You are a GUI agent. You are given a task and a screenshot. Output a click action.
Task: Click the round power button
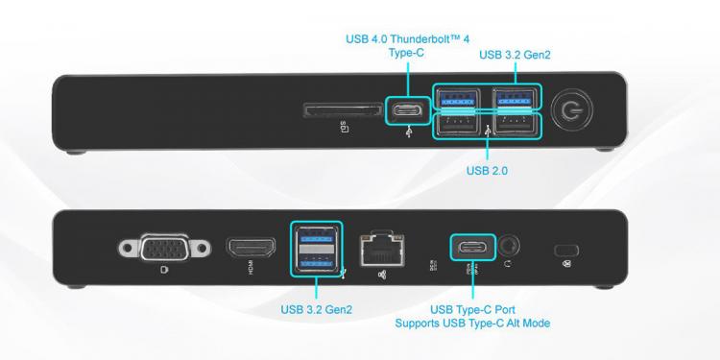tap(572, 110)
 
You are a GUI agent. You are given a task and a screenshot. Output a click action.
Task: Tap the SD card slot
tap(343, 110)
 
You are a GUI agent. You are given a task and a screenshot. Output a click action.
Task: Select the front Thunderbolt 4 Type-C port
tap(408, 110)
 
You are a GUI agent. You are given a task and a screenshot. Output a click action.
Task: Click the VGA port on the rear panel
tap(165, 248)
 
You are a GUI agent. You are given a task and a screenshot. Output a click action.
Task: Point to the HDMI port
tap(251, 249)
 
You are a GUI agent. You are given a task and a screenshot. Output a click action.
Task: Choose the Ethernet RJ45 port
tap(381, 251)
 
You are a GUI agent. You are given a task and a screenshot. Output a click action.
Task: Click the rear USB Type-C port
tap(473, 248)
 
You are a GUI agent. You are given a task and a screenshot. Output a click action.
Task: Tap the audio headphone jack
tap(509, 246)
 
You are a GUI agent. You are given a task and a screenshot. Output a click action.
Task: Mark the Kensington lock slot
tap(566, 251)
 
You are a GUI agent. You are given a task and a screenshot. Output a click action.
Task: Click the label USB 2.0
tap(487, 171)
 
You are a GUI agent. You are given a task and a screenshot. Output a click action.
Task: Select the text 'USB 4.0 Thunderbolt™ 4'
tap(408, 39)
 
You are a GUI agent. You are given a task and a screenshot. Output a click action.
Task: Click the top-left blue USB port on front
tap(457, 99)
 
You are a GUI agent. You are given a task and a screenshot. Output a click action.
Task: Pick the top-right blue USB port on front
tap(516, 99)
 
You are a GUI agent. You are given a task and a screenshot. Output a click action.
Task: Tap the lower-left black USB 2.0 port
tap(457, 126)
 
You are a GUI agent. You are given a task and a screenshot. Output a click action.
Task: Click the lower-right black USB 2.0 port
tap(516, 126)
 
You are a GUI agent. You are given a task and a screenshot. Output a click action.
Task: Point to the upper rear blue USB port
tap(317, 235)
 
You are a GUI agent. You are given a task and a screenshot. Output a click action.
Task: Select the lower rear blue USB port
tap(317, 263)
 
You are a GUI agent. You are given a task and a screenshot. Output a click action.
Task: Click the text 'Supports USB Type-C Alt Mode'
tap(472, 324)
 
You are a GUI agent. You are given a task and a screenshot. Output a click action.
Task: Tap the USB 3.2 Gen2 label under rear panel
tap(317, 310)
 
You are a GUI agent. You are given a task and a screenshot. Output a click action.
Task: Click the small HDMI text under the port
tap(252, 269)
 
